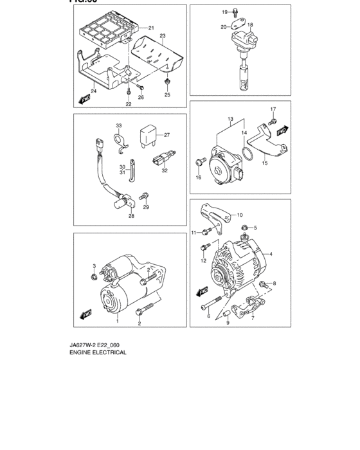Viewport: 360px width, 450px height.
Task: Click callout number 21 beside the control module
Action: coord(151,28)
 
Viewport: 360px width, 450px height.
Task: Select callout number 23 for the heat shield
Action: coord(163,35)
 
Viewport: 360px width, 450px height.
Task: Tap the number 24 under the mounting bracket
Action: coord(93,91)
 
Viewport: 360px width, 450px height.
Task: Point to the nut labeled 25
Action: coord(167,83)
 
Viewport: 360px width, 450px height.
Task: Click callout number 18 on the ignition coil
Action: coord(250,24)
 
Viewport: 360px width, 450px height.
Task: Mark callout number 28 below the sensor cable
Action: coord(130,216)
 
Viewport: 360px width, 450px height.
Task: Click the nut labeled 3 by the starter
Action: coord(94,276)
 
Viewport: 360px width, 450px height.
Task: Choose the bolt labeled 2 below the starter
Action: coord(139,313)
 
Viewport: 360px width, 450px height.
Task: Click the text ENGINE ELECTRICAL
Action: coord(98,352)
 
